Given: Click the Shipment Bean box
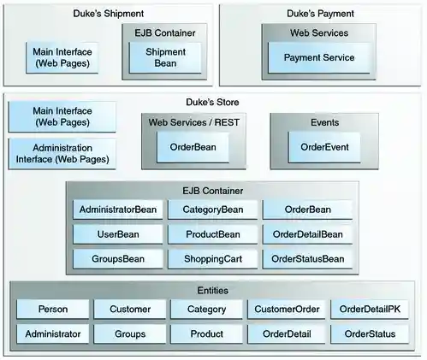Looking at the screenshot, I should point(165,56).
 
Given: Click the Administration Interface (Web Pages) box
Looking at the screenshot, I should point(62,154).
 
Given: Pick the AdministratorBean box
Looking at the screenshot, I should point(117,210).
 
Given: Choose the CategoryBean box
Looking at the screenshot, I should point(213,210).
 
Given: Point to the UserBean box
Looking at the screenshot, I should point(117,234).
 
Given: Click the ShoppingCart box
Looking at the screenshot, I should point(213,258).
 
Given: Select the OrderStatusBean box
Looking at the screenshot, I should point(307,258).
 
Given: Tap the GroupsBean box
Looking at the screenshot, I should point(117,258).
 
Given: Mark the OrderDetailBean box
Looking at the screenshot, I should point(307,234).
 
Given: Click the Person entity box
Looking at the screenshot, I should point(53,309).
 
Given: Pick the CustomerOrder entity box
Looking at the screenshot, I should point(286,309).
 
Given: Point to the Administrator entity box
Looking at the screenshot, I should point(53,334).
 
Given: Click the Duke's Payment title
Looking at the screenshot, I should point(320,14).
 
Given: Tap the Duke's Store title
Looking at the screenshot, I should point(211,103).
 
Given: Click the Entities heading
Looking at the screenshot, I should point(213,291).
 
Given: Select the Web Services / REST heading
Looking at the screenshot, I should point(193,123).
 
